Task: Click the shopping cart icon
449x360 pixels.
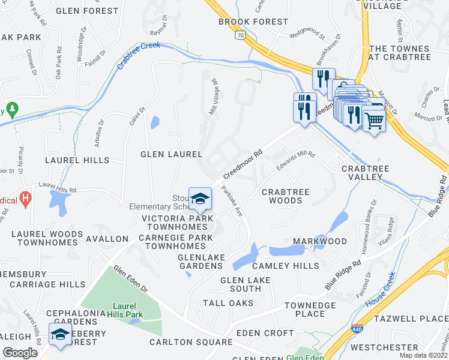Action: click(375, 121)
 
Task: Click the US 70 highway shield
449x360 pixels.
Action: click(240, 37)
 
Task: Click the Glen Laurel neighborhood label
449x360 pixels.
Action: click(171, 154)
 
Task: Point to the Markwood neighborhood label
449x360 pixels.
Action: click(320, 241)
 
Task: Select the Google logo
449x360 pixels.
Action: click(20, 353)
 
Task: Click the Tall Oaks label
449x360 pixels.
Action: click(228, 303)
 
